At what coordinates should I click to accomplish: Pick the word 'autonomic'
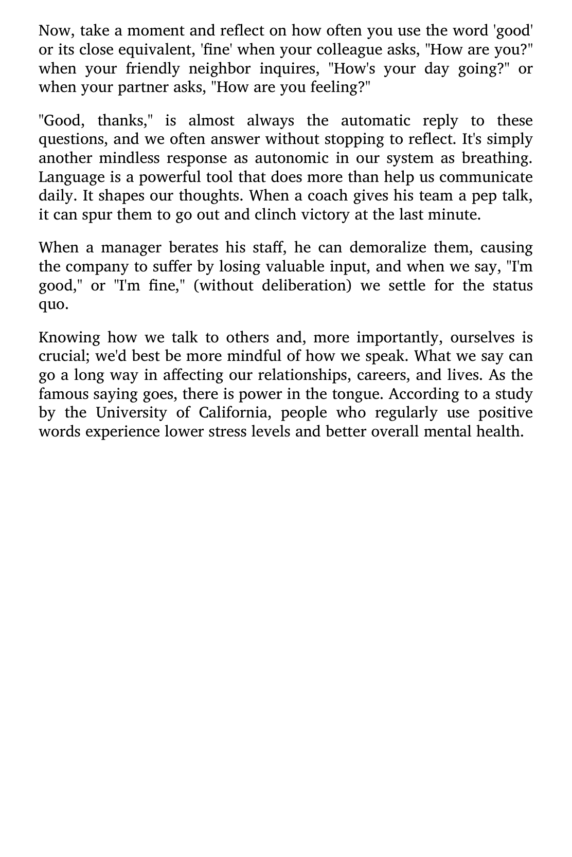(294, 158)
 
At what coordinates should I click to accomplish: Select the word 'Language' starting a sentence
(71, 177)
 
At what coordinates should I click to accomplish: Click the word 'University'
(132, 413)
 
